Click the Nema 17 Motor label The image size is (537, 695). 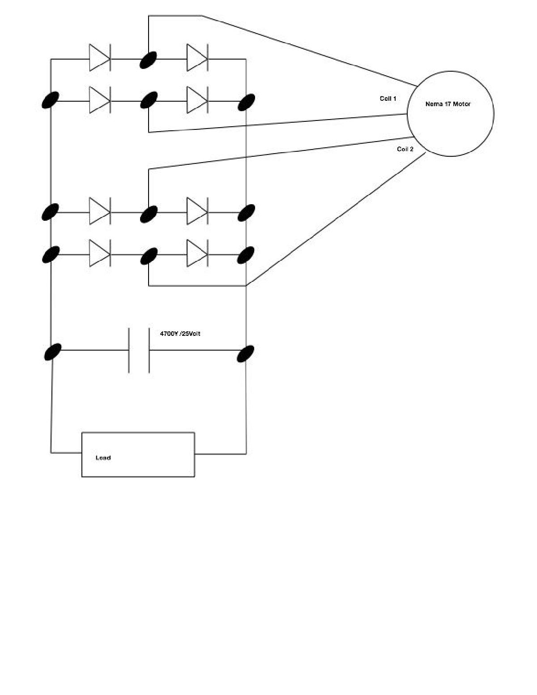pyautogui.click(x=447, y=104)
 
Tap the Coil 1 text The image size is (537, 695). pyautogui.click(x=388, y=99)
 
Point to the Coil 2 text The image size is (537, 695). pyautogui.click(x=405, y=149)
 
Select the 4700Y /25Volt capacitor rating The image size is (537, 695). pyautogui.click(x=180, y=334)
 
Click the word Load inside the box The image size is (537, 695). pyautogui.click(x=103, y=458)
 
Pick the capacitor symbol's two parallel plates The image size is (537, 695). pyautogui.click(x=139, y=350)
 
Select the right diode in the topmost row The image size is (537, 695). pyautogui.click(x=197, y=58)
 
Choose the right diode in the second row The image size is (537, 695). pyautogui.click(x=197, y=100)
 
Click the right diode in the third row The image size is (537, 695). pyautogui.click(x=197, y=211)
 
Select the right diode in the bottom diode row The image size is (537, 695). pyautogui.click(x=197, y=253)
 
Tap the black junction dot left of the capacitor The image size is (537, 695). pyautogui.click(x=53, y=352)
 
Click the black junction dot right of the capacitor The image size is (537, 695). pyautogui.click(x=246, y=353)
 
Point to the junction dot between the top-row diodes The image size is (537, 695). pyautogui.click(x=149, y=60)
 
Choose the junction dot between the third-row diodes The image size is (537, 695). pyautogui.click(x=149, y=214)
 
